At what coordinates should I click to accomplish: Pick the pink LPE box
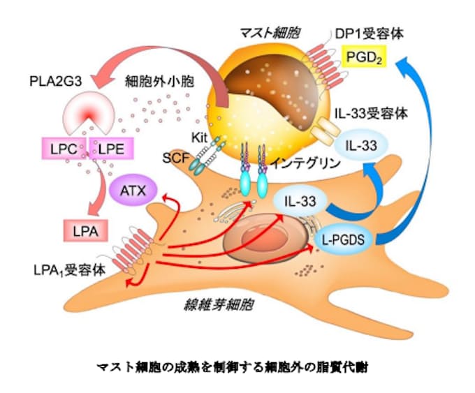(x=110, y=147)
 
